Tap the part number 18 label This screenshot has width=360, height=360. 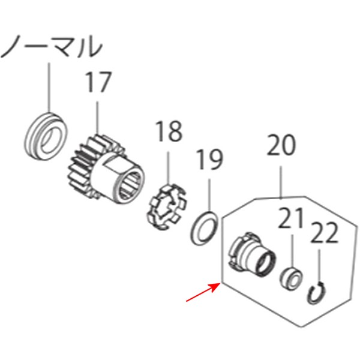(x=169, y=131)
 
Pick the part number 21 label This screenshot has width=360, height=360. (x=291, y=220)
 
